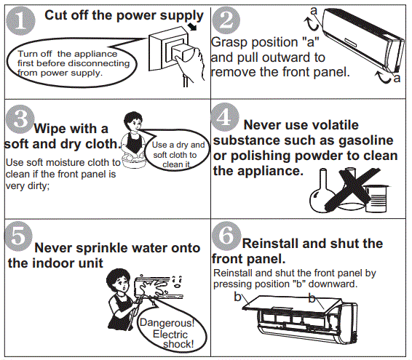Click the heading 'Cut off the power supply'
pyautogui.click(x=124, y=15)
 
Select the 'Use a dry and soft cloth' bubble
pyautogui.click(x=175, y=154)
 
